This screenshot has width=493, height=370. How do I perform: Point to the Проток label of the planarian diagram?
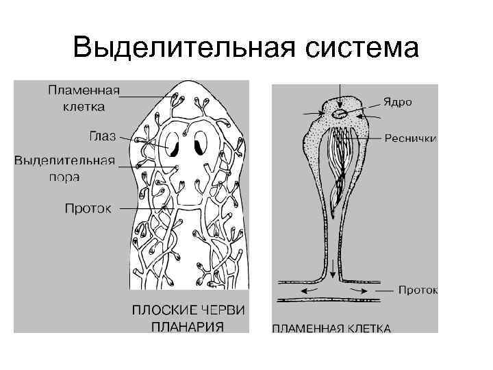(88, 207)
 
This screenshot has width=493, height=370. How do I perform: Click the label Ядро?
(397, 102)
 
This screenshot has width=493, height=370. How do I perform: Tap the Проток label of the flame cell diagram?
(418, 290)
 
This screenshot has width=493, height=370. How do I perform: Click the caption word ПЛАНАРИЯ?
(187, 325)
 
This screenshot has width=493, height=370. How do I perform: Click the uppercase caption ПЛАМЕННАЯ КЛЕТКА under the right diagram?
(331, 328)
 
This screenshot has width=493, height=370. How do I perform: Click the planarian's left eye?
(175, 144)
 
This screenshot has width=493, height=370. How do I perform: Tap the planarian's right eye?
(201, 143)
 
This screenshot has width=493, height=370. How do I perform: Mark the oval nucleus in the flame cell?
(340, 113)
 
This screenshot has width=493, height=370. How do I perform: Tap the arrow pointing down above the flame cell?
(340, 92)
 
